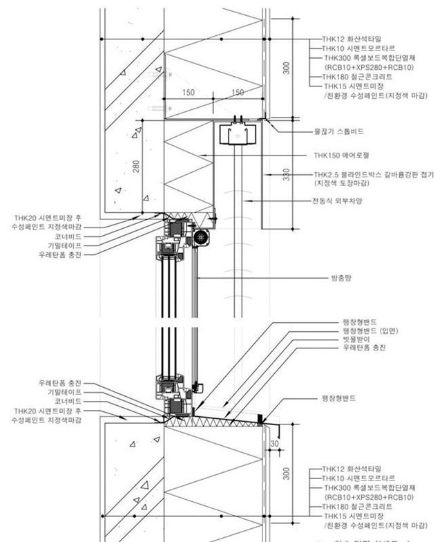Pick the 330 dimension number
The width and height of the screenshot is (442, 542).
285,176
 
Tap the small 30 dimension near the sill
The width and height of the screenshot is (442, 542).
275,443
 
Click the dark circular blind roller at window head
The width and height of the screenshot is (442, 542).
202,237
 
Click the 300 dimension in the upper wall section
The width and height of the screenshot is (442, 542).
285,66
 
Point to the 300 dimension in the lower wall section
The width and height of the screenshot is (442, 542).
285,473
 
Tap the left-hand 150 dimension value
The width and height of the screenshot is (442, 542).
189,93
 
